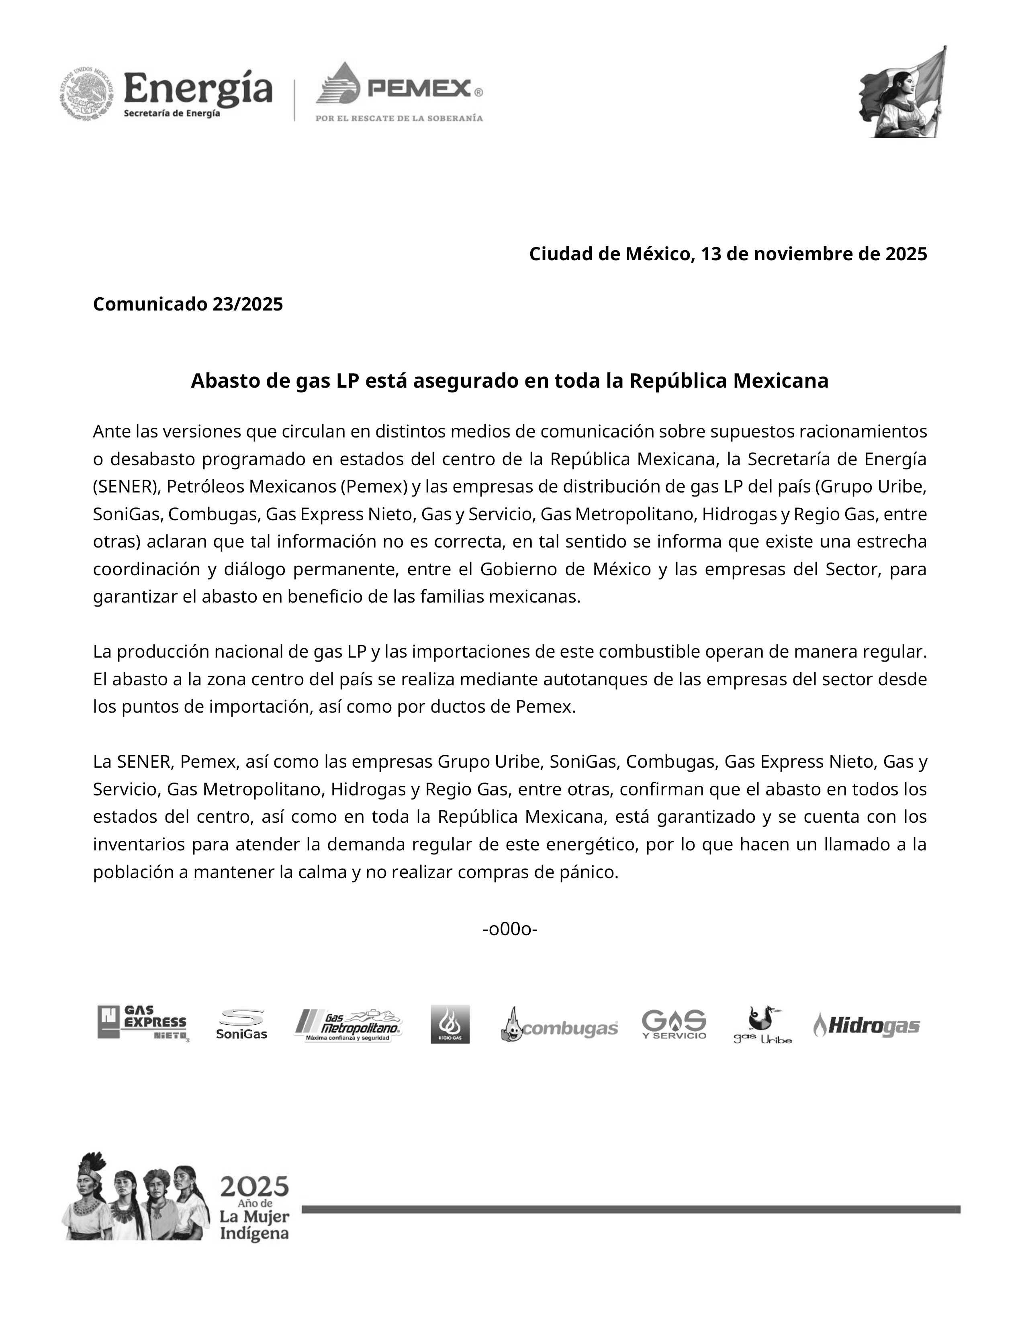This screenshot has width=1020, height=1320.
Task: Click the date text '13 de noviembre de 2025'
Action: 814,254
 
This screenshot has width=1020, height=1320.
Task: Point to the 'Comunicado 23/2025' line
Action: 188,304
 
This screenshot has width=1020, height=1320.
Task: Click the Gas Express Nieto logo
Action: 143,1023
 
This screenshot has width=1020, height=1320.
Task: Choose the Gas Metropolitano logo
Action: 349,1024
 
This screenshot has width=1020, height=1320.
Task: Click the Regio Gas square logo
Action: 450,1024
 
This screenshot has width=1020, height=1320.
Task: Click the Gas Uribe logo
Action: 762,1024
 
